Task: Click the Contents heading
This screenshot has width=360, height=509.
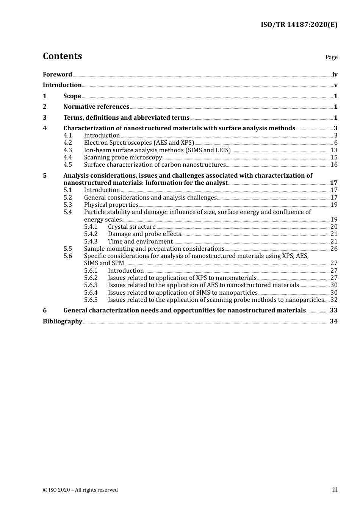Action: [x=62, y=56]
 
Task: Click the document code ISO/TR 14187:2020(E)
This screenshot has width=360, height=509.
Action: [x=299, y=25]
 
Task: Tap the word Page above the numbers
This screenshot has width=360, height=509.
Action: [x=331, y=57]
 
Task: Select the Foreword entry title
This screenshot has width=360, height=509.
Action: [x=57, y=75]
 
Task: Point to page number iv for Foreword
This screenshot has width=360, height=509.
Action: [x=335, y=75]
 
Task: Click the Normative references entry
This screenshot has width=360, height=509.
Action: [x=96, y=107]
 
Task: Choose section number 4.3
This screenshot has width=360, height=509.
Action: [x=67, y=150]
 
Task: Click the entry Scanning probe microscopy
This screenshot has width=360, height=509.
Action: [x=123, y=158]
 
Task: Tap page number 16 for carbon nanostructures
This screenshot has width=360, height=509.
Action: [x=334, y=165]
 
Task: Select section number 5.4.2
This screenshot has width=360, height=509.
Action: [x=91, y=234]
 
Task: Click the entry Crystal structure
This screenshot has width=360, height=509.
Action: [x=131, y=227]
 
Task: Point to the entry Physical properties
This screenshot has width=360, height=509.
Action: [x=111, y=205]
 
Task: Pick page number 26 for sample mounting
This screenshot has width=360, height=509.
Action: [x=334, y=249]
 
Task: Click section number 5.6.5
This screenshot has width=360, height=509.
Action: [x=91, y=300]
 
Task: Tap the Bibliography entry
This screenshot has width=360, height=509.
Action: [x=63, y=322]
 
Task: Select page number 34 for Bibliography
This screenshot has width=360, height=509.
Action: [x=333, y=322]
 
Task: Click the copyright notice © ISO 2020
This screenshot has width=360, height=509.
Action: [x=80, y=490]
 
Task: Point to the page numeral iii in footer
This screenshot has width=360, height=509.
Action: [x=335, y=490]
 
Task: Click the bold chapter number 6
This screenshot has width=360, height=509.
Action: [x=45, y=311]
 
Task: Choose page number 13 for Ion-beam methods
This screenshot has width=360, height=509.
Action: [x=334, y=150]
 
